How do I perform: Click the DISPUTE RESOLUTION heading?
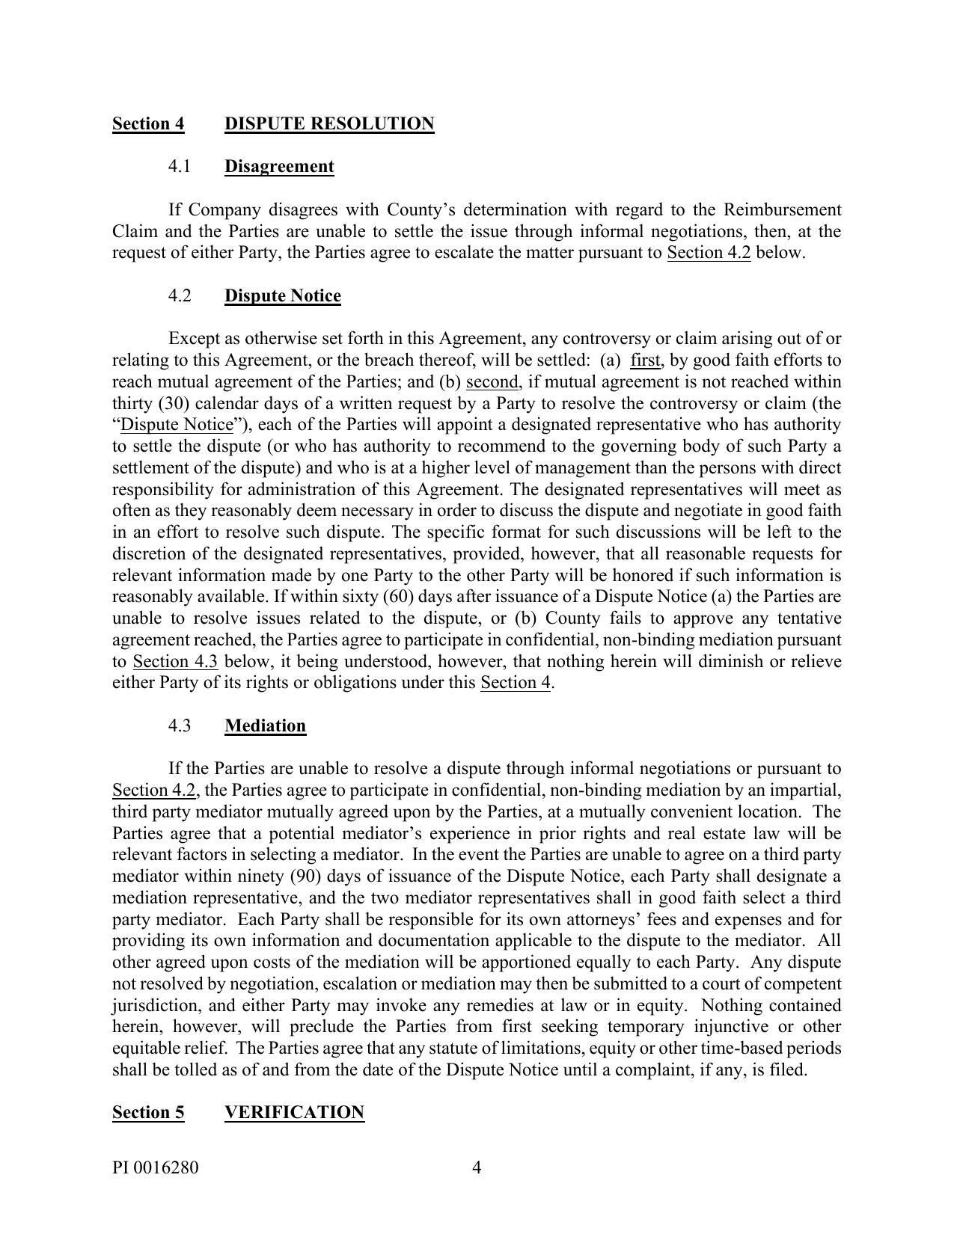(329, 123)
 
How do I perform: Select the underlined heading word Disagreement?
(279, 166)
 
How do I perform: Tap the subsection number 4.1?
(180, 166)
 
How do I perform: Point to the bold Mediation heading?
(265, 725)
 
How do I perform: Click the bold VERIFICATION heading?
(294, 1112)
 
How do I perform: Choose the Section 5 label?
(148, 1112)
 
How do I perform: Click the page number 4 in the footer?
(477, 1167)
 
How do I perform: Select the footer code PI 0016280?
(156, 1167)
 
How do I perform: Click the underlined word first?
(646, 360)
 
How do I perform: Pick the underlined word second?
(492, 382)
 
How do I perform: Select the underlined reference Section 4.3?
(175, 661)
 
